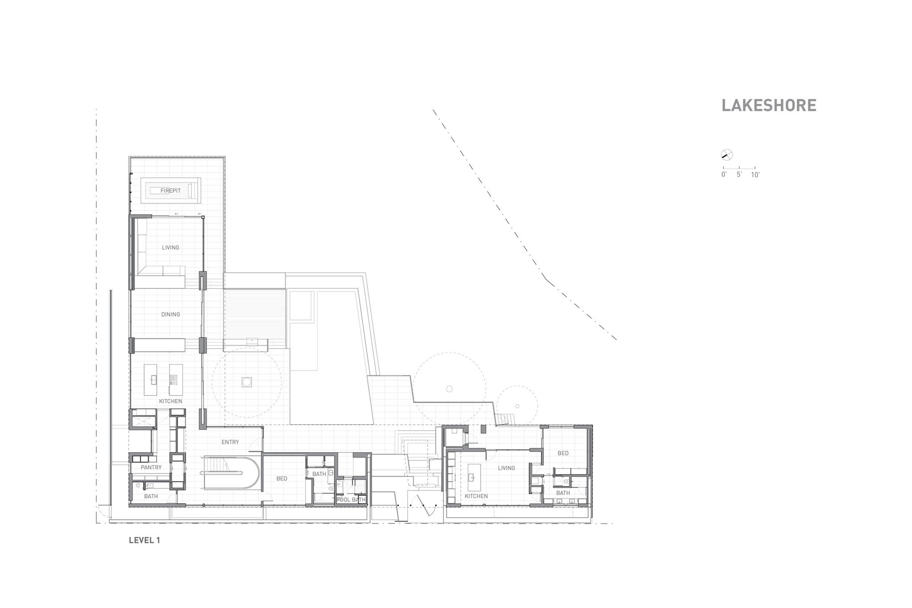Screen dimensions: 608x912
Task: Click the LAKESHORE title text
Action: (769, 106)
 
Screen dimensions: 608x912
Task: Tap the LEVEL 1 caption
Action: (144, 540)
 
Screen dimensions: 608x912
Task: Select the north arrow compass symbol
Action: (727, 155)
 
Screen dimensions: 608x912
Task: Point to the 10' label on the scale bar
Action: (755, 175)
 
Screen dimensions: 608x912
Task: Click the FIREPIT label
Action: (171, 191)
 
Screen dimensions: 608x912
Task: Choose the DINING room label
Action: (171, 314)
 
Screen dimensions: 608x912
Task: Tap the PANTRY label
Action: (151, 467)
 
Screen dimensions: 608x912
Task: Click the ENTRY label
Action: (230, 442)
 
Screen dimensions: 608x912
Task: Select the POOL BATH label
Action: (351, 500)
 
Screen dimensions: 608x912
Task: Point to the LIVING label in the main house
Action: (171, 248)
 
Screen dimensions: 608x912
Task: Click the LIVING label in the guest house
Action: (506, 468)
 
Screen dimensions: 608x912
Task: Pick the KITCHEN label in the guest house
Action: (476, 496)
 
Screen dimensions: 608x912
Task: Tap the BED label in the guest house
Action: (563, 453)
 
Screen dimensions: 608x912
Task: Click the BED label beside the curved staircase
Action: (282, 479)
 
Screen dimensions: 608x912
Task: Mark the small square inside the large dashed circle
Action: (247, 382)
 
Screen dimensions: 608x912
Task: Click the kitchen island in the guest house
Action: (473, 477)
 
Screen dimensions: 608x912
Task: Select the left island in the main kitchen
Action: (151, 379)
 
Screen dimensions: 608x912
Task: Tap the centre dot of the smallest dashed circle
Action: (517, 406)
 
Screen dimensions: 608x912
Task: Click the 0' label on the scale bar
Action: (724, 175)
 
